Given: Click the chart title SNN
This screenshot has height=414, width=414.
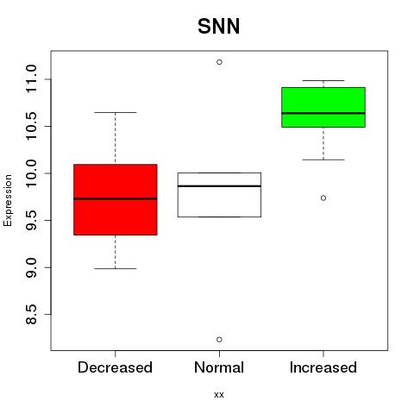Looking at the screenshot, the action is coord(219,27).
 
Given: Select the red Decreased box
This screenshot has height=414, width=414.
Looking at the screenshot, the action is coord(116,199).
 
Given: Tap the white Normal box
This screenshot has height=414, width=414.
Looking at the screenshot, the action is coord(219,195).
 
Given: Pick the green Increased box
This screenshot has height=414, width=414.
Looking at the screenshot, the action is coord(323,107).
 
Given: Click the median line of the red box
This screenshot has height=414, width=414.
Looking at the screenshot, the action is coord(116,198).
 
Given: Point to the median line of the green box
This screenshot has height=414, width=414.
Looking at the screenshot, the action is coord(323,113).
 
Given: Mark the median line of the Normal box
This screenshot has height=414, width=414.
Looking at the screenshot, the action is coord(219,186).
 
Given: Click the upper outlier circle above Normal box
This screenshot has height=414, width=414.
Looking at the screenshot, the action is coord(219,62).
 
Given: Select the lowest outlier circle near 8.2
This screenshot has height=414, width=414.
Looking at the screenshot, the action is coord(219,340).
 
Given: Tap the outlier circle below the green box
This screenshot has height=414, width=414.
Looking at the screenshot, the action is coord(323,198).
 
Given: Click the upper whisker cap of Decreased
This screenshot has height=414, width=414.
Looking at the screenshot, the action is coord(116,112).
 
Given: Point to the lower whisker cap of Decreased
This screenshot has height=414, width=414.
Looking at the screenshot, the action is coord(116,268).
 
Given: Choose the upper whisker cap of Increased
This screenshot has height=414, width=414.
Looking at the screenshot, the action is coord(323,80).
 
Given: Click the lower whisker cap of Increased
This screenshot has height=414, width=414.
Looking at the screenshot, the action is coord(323,160).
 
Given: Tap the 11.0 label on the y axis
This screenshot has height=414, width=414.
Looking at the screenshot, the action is coord(31,79).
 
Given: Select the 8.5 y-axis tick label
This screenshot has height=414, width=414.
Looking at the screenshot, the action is coord(31,314).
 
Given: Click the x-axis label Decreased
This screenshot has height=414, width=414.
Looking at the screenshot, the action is coord(115,367).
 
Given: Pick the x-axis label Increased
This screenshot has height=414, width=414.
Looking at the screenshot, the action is coord(323,367).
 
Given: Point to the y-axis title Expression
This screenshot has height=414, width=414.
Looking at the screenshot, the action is coord(8,200).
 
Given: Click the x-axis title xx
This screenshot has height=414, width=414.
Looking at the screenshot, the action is coord(219,395).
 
